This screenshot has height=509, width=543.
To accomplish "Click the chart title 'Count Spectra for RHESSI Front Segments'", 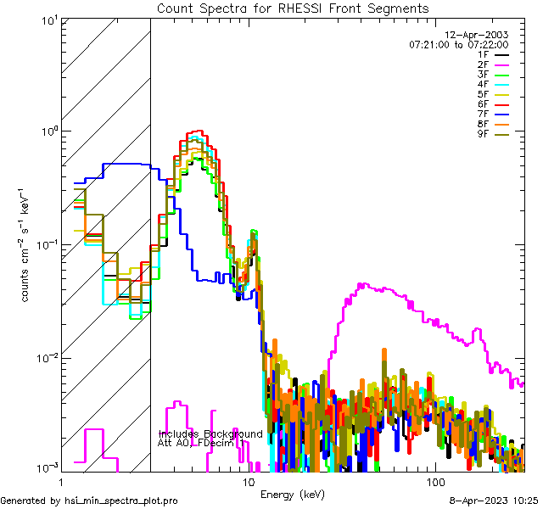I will pyautogui.click(x=293, y=8).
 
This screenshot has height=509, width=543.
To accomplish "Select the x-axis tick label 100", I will pyautogui.click(x=434, y=480).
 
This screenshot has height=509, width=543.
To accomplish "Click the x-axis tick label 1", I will pyautogui.click(x=59, y=480).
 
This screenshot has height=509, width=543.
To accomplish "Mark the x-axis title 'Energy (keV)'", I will pyautogui.click(x=292, y=494).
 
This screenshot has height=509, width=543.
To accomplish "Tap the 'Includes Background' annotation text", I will pyautogui.click(x=210, y=433).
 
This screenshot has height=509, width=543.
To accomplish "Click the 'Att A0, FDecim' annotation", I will pyautogui.click(x=199, y=443).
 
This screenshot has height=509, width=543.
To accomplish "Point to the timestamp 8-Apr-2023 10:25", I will pyautogui.click(x=492, y=501).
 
